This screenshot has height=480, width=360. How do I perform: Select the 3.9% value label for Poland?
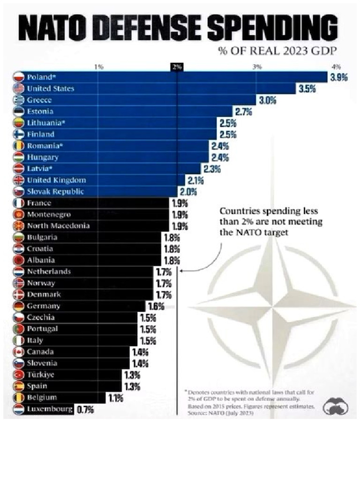pos(338,78)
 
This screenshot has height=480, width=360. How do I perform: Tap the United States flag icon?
pos(19,89)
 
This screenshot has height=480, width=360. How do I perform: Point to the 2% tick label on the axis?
pos(177,67)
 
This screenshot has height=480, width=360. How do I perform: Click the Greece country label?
pos(39,100)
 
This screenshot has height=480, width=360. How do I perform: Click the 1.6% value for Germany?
pos(156,307)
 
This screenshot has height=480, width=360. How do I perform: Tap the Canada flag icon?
pos(19,352)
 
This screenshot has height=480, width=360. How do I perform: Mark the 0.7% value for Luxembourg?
pos(85,410)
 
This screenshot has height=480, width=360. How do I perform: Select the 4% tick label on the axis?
pos(336,67)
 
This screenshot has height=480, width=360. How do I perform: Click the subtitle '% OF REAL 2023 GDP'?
pos(277,51)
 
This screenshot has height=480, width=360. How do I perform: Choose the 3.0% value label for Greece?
pos(267,100)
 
